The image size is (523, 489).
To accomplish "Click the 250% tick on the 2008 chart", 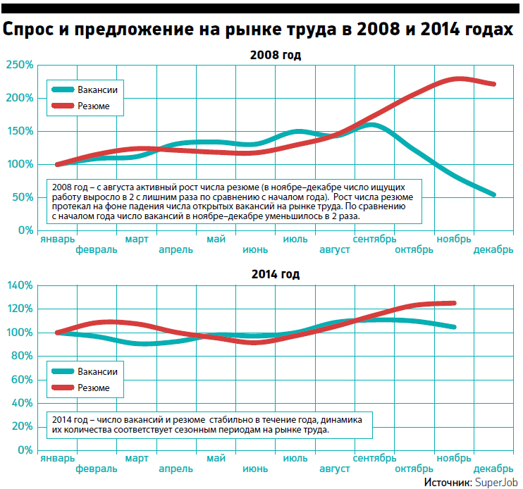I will pyautogui.click(x=19, y=66).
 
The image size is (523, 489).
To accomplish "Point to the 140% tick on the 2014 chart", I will pyautogui.click(x=19, y=285).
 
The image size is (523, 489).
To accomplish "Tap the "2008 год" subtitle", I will pyautogui.click(x=275, y=54).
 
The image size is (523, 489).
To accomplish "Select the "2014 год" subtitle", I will pyautogui.click(x=275, y=274).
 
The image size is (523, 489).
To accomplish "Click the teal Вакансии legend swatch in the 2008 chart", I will pyautogui.click(x=62, y=90).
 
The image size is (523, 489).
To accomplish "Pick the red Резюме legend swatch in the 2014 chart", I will pyautogui.click(x=62, y=388).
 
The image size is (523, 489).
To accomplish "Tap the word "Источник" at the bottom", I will pyautogui.click(x=447, y=481).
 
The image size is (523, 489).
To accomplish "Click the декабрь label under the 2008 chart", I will pyautogui.click(x=494, y=250).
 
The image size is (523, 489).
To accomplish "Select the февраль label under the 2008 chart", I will pyautogui.click(x=96, y=250).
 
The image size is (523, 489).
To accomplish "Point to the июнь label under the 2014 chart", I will pyautogui.click(x=254, y=469).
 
